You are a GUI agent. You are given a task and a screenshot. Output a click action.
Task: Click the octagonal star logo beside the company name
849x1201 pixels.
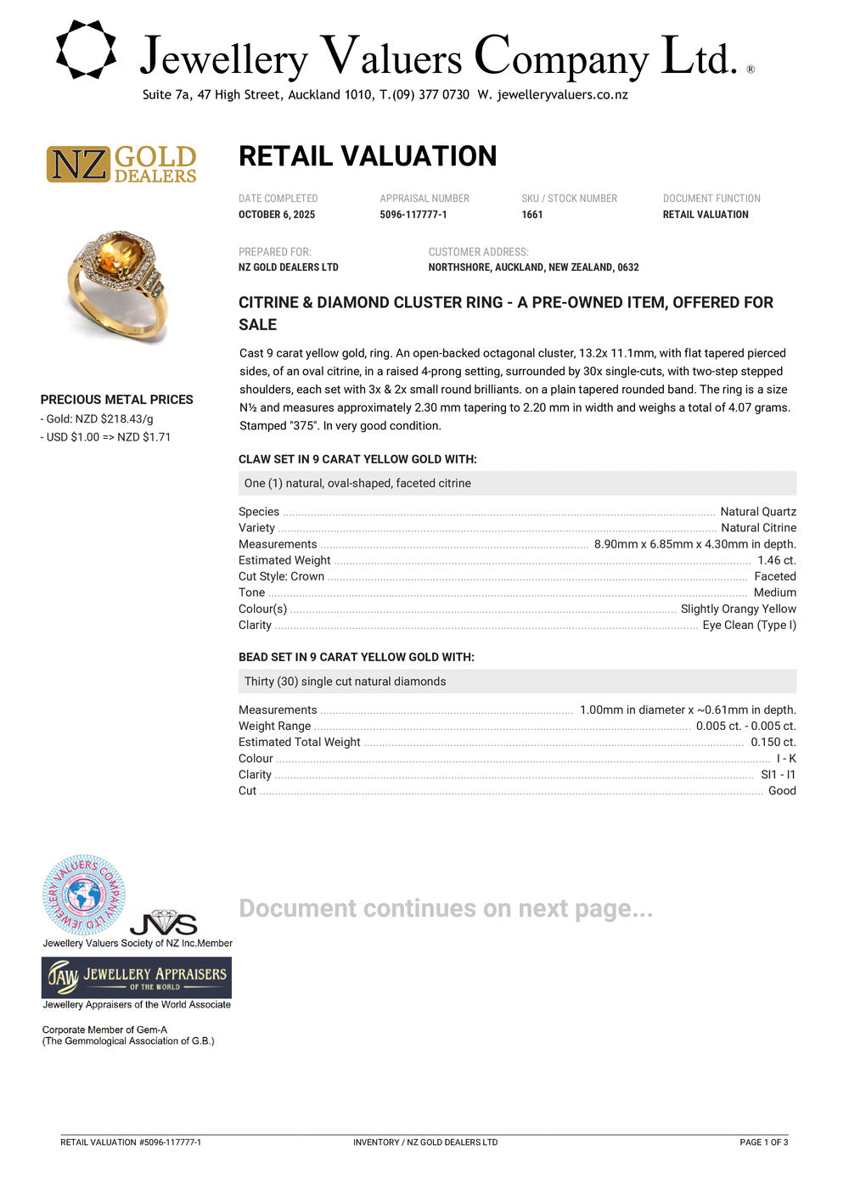pyautogui.click(x=86, y=50)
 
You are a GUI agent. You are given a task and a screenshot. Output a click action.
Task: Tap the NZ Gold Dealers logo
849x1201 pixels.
pyautogui.click(x=121, y=164)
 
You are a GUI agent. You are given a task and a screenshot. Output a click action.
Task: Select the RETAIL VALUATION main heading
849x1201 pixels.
pyautogui.click(x=368, y=156)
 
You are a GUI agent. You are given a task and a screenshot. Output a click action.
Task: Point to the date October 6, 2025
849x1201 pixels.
pyautogui.click(x=277, y=215)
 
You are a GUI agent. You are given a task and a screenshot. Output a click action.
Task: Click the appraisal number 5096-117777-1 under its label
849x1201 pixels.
pyautogui.click(x=413, y=215)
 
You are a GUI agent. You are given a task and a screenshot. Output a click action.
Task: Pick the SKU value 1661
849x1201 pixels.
pyautogui.click(x=532, y=215)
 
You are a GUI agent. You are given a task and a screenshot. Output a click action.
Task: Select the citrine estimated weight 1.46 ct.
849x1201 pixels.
pyautogui.click(x=776, y=560)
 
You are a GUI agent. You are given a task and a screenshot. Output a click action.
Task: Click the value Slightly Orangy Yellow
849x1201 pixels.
pyautogui.click(x=738, y=609)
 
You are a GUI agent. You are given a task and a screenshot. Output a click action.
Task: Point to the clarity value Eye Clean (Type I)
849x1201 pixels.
pyautogui.click(x=749, y=625)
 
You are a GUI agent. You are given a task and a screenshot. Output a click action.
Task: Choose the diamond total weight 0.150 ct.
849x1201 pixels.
pyautogui.click(x=773, y=742)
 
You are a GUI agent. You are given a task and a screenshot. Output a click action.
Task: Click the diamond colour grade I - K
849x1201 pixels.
pyautogui.click(x=786, y=758)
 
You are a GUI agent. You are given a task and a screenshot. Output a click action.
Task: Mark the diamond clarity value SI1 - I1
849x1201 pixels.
pyautogui.click(x=778, y=774)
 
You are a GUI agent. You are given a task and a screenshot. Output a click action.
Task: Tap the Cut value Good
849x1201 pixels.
pyautogui.click(x=782, y=790)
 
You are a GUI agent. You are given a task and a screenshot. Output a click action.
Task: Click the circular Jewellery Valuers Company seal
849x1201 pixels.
pyautogui.click(x=84, y=895)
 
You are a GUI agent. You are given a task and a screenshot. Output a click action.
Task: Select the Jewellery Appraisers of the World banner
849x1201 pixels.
pyautogui.click(x=137, y=978)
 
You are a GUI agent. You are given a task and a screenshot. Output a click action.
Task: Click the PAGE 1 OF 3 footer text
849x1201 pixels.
pyautogui.click(x=763, y=1142)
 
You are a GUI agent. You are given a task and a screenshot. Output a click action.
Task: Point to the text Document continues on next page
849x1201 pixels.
pyautogui.click(x=446, y=908)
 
